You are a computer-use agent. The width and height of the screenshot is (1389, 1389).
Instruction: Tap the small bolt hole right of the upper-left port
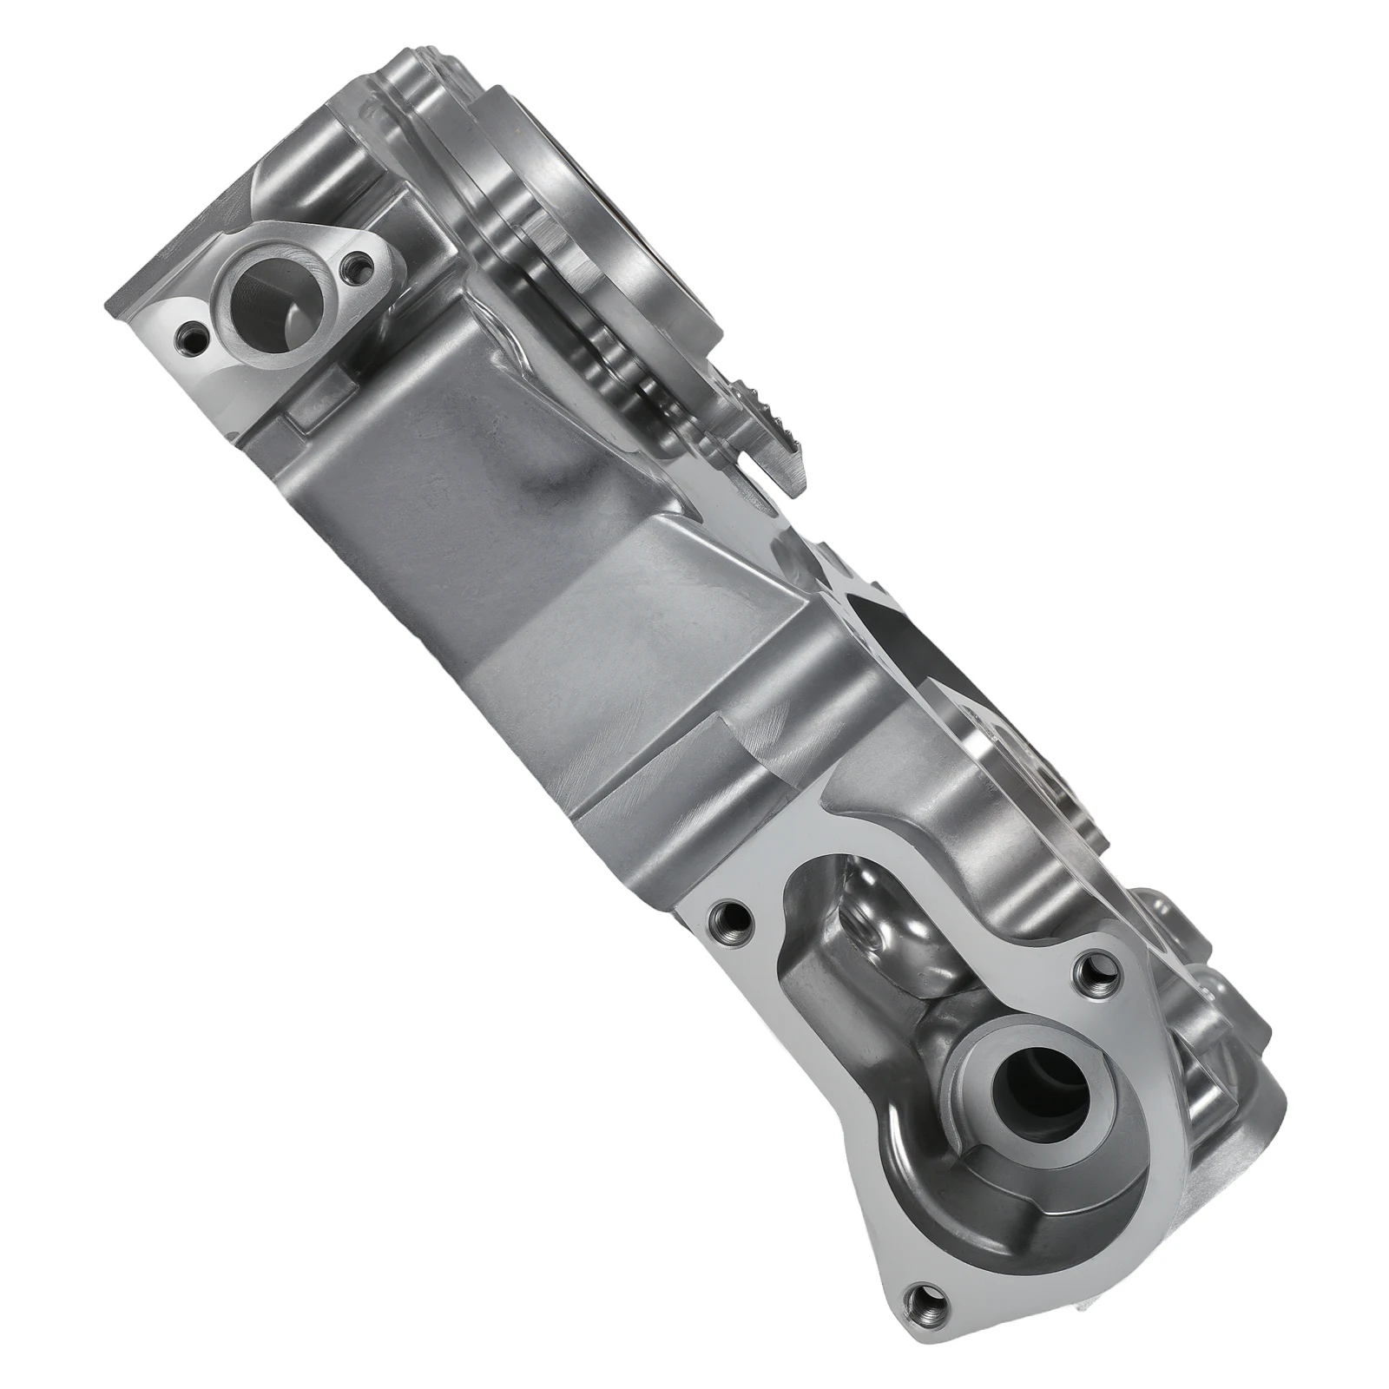pos(354,263)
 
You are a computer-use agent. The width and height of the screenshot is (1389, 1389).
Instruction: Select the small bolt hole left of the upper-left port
pos(188,332)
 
